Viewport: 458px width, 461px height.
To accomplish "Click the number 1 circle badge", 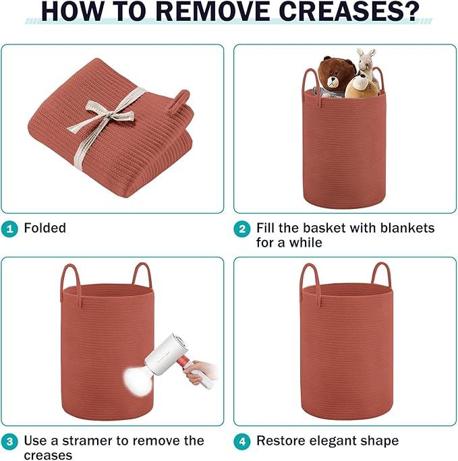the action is [9, 228].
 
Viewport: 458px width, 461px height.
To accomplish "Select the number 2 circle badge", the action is [242, 228].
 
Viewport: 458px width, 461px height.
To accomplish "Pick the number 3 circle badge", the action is [9, 441].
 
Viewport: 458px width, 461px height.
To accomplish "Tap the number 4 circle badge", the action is [242, 441].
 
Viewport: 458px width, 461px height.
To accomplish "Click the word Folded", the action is [45, 228].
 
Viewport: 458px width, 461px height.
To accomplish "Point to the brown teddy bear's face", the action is [333, 80].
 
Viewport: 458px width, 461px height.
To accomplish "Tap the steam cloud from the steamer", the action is [138, 379].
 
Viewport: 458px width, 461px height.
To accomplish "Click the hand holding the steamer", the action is [198, 373].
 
